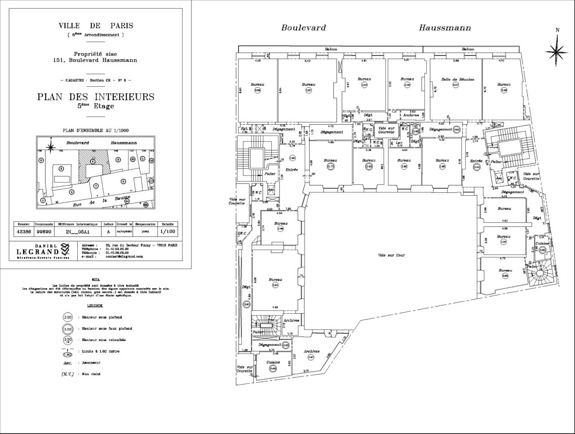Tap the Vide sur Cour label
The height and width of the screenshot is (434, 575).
tap(391, 255)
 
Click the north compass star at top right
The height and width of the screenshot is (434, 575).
tap(557, 51)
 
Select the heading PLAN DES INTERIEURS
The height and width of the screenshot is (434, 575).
tap(96, 97)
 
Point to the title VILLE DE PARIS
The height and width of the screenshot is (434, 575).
tap(96, 26)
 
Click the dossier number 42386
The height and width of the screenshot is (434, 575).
tap(24, 232)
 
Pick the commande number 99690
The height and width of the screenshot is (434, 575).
tap(44, 232)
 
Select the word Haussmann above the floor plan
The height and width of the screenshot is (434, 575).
tap(445, 28)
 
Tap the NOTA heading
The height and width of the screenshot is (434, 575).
tap(95, 279)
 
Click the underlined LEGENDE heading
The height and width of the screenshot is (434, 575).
tap(95, 306)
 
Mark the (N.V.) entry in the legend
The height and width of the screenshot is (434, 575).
tap(67, 374)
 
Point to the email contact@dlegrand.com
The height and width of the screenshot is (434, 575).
tap(124, 257)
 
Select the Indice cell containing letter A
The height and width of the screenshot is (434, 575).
tap(108, 232)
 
